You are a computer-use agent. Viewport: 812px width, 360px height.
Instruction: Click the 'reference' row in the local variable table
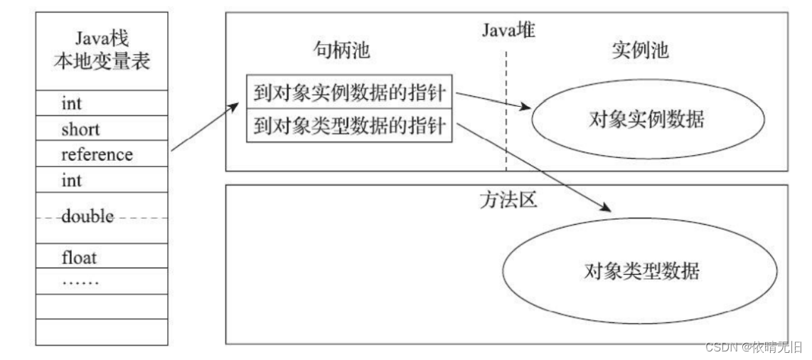tap(97, 154)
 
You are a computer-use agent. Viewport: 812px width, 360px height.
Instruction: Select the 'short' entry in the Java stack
tap(80, 129)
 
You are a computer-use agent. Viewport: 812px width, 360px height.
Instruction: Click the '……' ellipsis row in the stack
tap(80, 280)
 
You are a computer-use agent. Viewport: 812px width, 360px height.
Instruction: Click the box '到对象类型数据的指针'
tap(348, 127)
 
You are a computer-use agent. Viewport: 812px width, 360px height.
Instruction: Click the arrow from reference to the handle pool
tap(205, 127)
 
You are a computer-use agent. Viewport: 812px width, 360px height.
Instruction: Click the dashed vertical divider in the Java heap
tap(506, 114)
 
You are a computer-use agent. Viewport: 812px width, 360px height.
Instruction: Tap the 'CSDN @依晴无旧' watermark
tap(753, 346)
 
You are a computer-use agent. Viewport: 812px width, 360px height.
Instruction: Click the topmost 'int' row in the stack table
tap(72, 104)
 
